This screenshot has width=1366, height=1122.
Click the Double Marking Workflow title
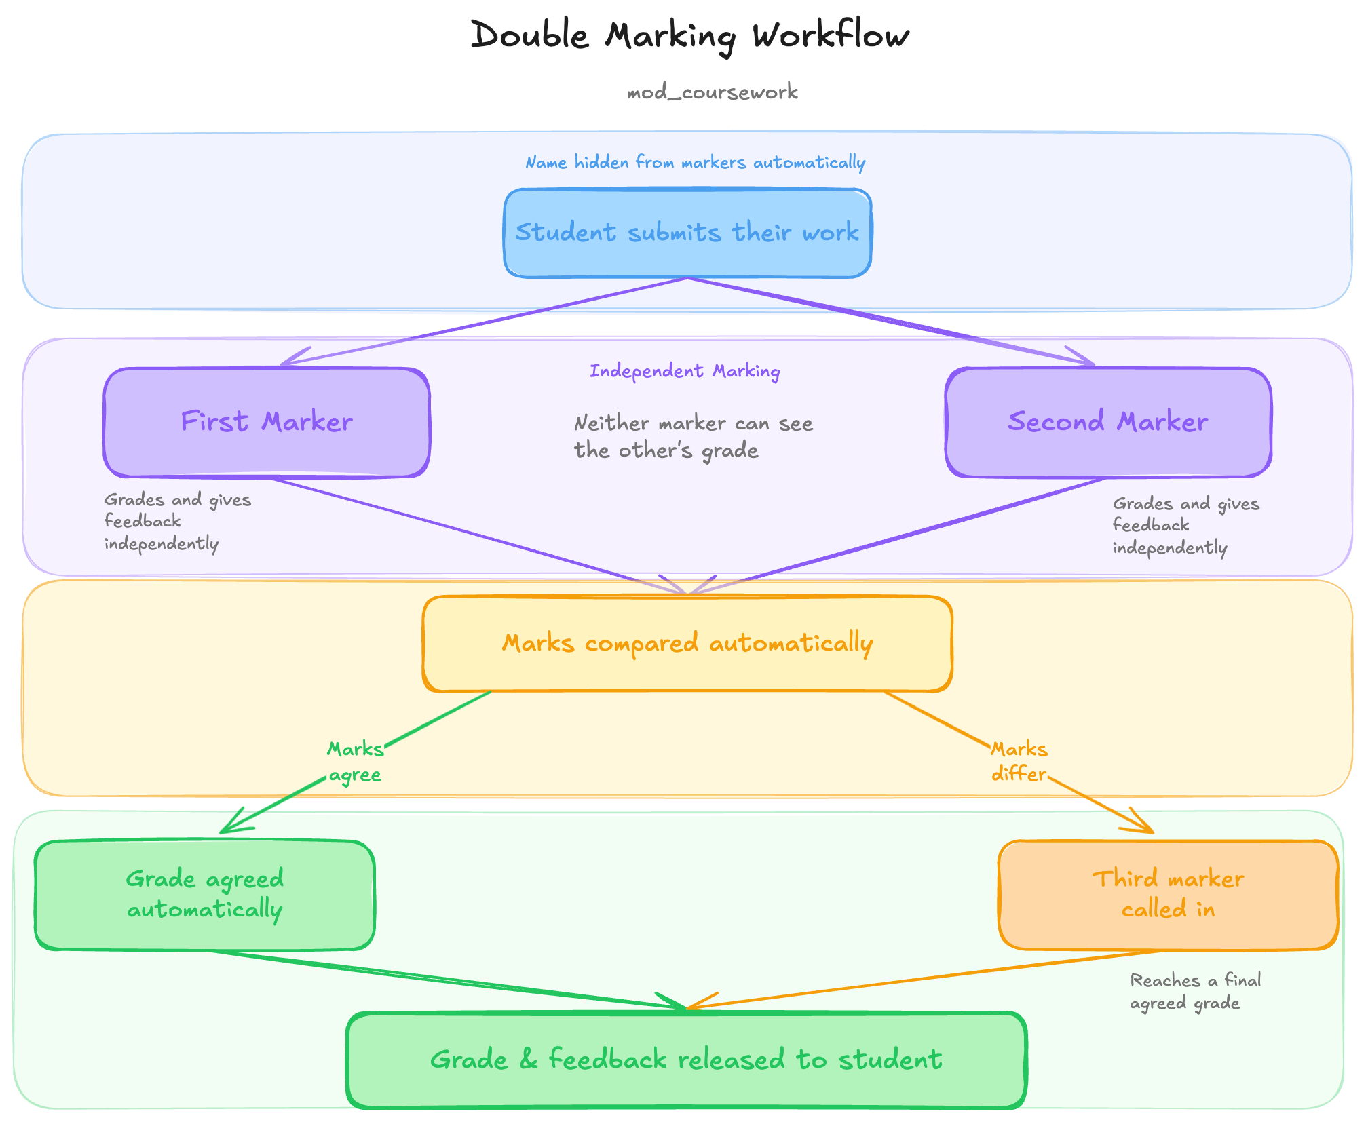[689, 35]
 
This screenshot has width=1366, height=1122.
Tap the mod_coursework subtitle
[712, 92]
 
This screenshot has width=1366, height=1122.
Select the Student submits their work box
[687, 233]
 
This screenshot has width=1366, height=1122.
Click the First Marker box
[267, 423]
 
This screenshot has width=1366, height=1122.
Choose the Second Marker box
[1108, 423]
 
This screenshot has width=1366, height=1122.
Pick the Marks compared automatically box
[687, 644]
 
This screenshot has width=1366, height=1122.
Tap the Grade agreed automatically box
[205, 895]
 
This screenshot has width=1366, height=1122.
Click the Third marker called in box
[1168, 895]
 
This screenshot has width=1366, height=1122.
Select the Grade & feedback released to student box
[686, 1060]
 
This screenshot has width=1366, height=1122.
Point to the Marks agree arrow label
[355, 762]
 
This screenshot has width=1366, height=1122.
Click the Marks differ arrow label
[1019, 762]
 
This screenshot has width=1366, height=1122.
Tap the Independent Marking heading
[685, 371]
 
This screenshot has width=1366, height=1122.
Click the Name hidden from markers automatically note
[695, 163]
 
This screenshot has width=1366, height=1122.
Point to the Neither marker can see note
[693, 437]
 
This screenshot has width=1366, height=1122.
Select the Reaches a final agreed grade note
[1195, 992]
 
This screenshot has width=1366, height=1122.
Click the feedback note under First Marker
[177, 522]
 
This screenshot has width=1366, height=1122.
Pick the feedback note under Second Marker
[1185, 526]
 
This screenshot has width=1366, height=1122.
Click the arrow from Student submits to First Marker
[485, 322]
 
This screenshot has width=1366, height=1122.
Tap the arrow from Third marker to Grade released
[924, 980]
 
